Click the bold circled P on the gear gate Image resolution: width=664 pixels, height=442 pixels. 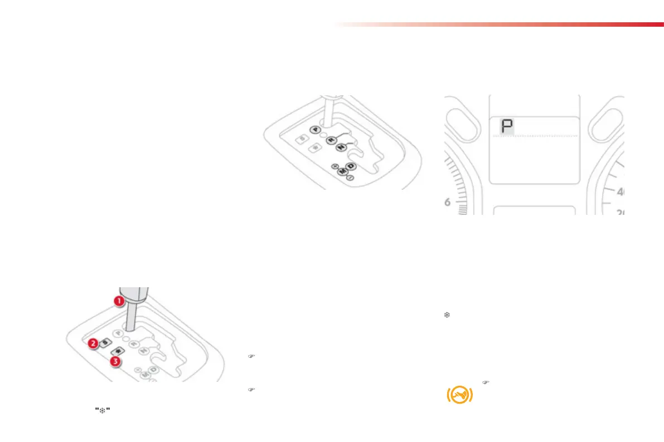[316, 129]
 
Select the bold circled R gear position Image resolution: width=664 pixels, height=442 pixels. [331, 140]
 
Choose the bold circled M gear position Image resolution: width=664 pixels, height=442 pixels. [342, 171]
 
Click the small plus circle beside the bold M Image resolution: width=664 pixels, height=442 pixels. [333, 166]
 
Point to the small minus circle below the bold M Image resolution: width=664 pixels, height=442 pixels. [350, 178]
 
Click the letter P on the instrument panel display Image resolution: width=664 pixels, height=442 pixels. [507, 127]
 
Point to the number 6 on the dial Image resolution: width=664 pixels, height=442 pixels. [448, 202]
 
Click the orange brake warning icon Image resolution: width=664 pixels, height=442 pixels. [459, 394]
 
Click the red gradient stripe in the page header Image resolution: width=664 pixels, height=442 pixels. [502, 24]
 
